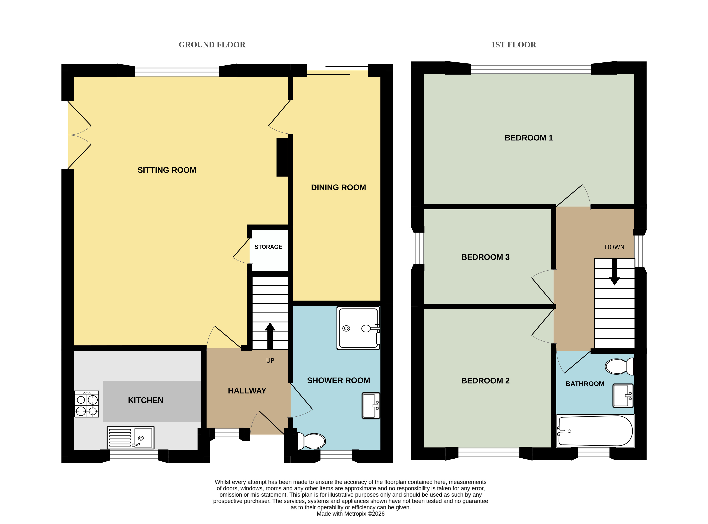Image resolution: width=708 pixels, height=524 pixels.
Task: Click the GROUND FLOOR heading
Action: click(212, 45)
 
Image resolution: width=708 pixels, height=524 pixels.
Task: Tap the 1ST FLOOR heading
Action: click(513, 45)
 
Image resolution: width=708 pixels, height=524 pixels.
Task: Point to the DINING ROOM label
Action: click(338, 187)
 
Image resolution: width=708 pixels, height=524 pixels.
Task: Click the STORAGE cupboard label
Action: click(268, 247)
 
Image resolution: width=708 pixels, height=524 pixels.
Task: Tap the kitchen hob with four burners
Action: click(87, 404)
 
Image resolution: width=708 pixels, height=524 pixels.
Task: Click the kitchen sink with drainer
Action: click(130, 438)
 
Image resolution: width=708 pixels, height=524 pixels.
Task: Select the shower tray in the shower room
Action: click(358, 328)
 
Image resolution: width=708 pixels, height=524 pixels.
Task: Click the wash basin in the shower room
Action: click(371, 406)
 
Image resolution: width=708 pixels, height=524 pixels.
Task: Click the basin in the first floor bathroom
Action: click(623, 396)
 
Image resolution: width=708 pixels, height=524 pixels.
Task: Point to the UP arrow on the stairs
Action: click(270, 336)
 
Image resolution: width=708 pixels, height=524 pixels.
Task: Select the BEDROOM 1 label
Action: click(529, 138)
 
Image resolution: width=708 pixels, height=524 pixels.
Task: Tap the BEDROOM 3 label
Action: click(485, 257)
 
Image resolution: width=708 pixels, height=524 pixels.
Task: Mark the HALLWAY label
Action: click(247, 391)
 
